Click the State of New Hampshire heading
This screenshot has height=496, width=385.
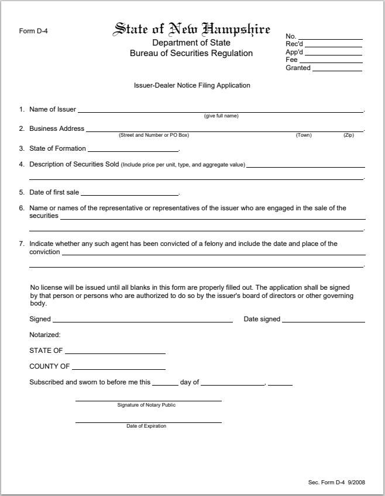click(x=191, y=29)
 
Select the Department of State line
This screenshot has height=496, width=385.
click(x=191, y=43)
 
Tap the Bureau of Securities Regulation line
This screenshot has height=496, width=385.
click(x=191, y=53)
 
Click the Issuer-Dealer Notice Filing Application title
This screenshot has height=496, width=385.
click(x=192, y=85)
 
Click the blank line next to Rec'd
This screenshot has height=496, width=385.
click(x=333, y=46)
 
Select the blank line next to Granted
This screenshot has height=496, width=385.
click(x=337, y=70)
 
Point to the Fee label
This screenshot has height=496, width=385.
click(x=291, y=60)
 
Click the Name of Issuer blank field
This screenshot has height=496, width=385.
click(x=220, y=110)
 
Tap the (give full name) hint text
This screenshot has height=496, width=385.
click(x=221, y=116)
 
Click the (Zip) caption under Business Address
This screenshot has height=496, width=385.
click(x=349, y=135)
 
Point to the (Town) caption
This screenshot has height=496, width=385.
click(x=304, y=135)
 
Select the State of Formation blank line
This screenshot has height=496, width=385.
click(x=133, y=150)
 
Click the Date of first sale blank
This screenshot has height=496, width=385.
click(x=129, y=194)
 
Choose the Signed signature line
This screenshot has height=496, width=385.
click(x=142, y=321)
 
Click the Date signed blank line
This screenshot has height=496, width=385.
click(x=324, y=321)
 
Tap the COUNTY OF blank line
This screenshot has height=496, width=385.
click(x=119, y=369)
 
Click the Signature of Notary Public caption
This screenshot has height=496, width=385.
click(x=146, y=405)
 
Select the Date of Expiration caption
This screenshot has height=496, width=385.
click(x=146, y=426)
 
